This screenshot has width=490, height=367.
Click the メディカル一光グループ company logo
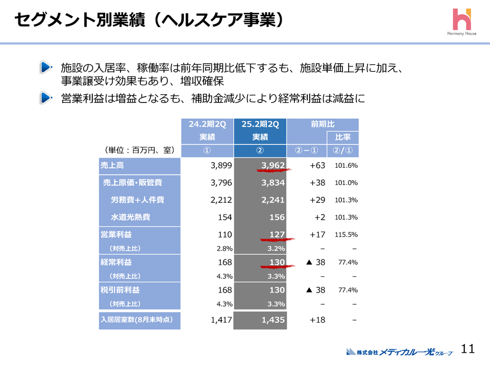point(399,351)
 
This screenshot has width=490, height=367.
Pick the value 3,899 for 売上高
point(221,165)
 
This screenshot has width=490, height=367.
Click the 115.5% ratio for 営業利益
point(346,235)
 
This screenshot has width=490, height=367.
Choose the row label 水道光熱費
point(131,217)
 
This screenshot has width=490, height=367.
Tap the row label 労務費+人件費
point(137,200)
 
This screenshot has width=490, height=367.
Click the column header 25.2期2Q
point(260,124)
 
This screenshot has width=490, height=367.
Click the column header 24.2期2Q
point(207,124)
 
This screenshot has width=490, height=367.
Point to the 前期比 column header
point(323,124)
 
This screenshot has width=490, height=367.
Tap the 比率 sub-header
point(342,137)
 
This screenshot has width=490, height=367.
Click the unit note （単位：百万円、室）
point(139,150)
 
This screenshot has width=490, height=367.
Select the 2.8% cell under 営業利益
point(225,248)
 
